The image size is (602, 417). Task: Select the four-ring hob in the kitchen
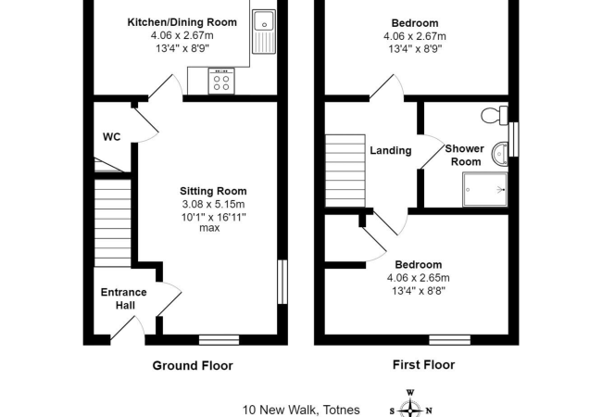tap(222, 82)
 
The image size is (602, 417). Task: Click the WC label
tap(111, 137)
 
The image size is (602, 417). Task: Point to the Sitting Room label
tap(214, 192)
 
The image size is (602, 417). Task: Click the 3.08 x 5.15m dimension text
tap(214, 205)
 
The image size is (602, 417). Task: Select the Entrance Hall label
tap(123, 298)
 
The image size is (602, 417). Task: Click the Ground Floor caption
tap(193, 365)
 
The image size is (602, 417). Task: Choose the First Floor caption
tap(419, 365)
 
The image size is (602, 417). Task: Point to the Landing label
tap(390, 150)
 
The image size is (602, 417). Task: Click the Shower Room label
tap(465, 155)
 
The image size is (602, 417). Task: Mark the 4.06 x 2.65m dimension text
tap(419, 277)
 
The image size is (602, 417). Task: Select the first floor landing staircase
tap(345, 171)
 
